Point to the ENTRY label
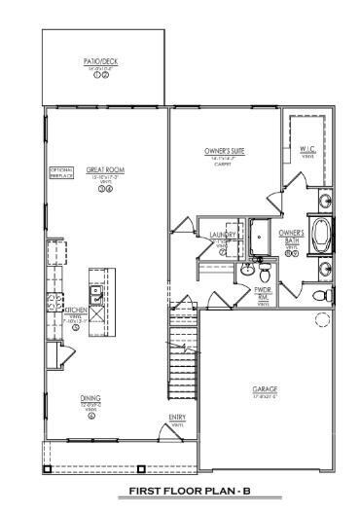pos(177,418)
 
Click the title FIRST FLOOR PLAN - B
pos(179,494)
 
